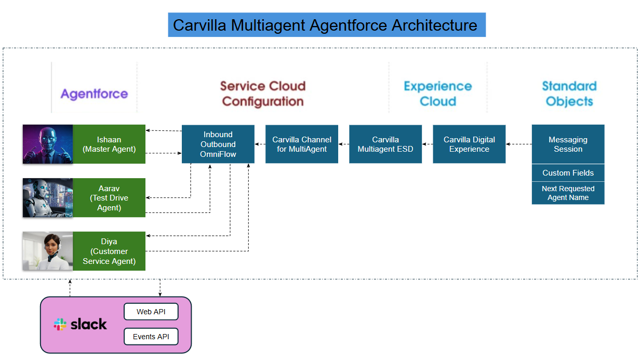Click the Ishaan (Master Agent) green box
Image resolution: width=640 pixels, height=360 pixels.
click(109, 144)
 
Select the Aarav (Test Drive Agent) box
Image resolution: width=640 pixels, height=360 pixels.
click(109, 198)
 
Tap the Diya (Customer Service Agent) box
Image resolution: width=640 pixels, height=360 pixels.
click(109, 251)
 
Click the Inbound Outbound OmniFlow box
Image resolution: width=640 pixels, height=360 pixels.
click(218, 144)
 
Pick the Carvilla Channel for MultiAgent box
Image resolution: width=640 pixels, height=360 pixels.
click(302, 144)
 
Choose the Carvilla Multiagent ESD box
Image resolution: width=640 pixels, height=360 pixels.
click(385, 144)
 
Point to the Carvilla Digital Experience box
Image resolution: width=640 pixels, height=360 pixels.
click(469, 144)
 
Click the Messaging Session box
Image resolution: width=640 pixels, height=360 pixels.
click(568, 144)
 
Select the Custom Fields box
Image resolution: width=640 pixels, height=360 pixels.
click(568, 173)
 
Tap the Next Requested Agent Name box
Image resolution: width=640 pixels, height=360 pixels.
click(568, 193)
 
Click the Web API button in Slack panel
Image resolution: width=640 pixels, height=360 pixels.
click(151, 312)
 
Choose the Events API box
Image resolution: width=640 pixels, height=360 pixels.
click(151, 337)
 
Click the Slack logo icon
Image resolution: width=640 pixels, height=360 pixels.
click(60, 325)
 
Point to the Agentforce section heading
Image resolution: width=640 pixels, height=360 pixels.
click(94, 94)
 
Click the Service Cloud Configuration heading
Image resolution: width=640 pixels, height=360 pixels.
click(262, 94)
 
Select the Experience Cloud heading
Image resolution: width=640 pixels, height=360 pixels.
click(437, 94)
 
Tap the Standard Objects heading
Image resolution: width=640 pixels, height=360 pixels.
click(569, 94)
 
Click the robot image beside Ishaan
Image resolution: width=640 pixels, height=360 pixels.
click(48, 144)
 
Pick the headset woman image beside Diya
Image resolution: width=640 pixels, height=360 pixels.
click(48, 251)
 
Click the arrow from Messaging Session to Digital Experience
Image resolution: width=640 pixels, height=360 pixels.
click(518, 144)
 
